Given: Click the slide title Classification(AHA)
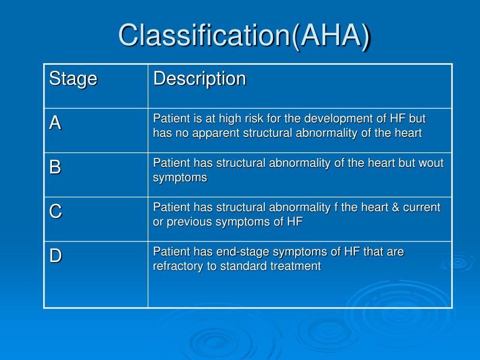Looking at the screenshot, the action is [245, 36].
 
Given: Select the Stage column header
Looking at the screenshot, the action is [73, 79].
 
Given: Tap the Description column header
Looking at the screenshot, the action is [200, 79].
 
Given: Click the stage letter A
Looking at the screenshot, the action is [55, 123].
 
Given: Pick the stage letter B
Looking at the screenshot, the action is [55, 167].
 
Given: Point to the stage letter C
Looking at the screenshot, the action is [55, 211].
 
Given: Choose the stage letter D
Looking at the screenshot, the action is [55, 256].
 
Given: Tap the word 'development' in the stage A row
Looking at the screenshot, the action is [333, 119].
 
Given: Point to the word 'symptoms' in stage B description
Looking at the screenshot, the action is [180, 178].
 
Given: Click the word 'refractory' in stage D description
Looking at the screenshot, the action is [178, 267].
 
